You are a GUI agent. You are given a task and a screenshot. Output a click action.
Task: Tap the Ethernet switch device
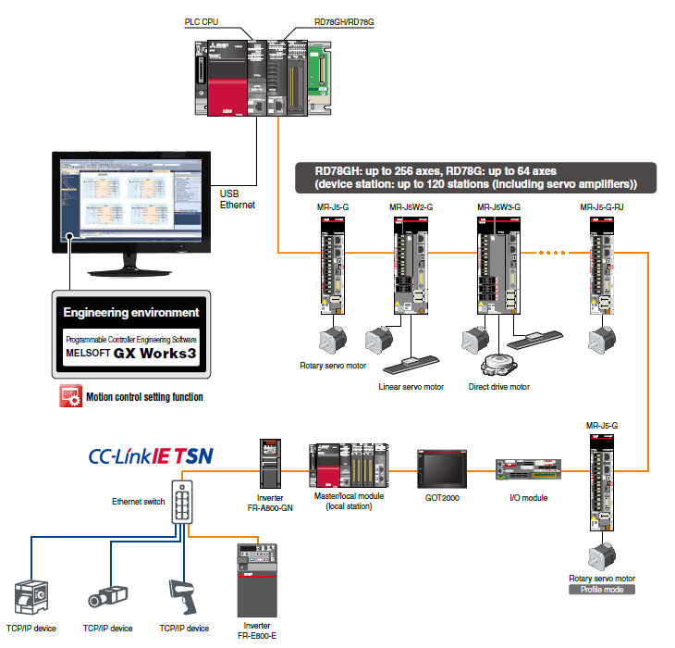(181, 506)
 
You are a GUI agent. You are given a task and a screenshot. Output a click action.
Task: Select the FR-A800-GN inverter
(269, 463)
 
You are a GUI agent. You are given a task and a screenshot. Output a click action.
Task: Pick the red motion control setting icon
(69, 397)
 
